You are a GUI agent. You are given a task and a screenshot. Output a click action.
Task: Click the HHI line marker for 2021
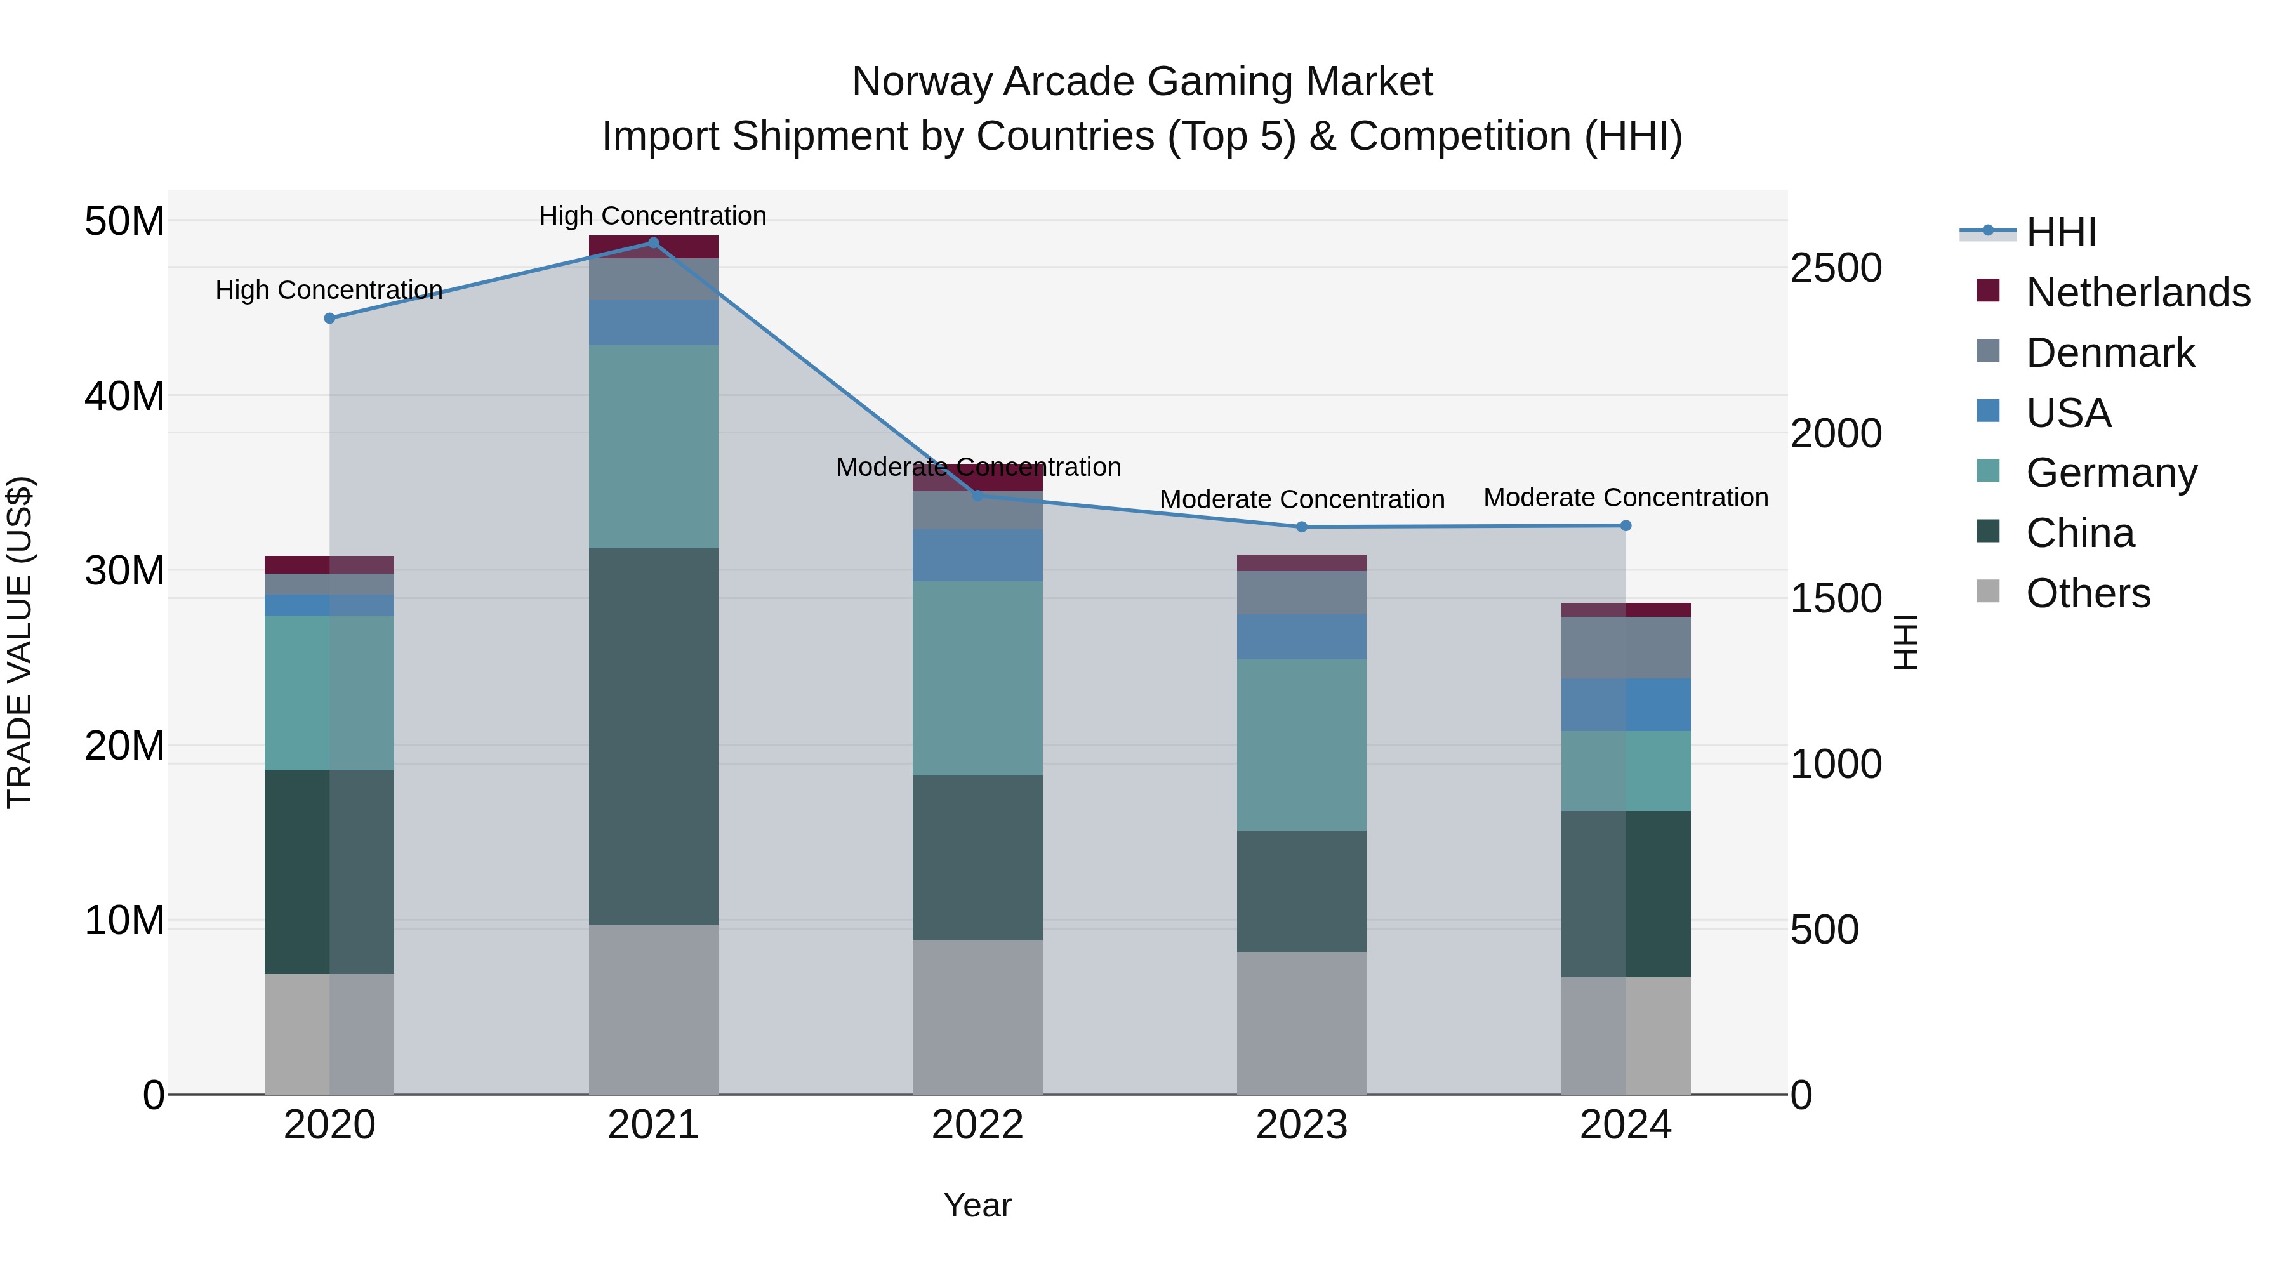coord(653,242)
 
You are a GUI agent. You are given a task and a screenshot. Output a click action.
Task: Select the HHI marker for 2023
coord(1301,527)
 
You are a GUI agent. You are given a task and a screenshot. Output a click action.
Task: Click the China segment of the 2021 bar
coord(653,736)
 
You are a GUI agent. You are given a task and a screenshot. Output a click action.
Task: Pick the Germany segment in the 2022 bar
coord(977,678)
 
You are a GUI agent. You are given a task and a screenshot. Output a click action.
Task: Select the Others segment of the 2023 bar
coord(1301,1022)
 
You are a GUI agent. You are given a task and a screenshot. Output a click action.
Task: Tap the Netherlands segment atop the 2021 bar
coord(653,247)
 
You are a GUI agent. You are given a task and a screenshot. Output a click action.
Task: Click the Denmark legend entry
coord(2109,353)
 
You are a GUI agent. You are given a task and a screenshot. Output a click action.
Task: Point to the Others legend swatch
coord(1988,591)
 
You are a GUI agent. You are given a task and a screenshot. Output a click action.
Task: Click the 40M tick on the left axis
coord(124,395)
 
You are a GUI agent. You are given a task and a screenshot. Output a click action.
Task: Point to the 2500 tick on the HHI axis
coord(1835,268)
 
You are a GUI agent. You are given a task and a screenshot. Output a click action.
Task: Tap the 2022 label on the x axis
coord(977,1125)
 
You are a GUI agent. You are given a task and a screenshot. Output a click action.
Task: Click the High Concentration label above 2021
coord(653,216)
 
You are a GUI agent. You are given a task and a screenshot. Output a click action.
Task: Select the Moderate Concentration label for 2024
coord(1625,498)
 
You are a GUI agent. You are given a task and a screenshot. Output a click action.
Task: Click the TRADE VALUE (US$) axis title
coord(20,642)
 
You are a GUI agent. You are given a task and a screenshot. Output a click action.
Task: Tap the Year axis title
coord(977,1205)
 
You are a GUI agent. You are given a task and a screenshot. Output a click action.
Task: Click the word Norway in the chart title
coord(922,82)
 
